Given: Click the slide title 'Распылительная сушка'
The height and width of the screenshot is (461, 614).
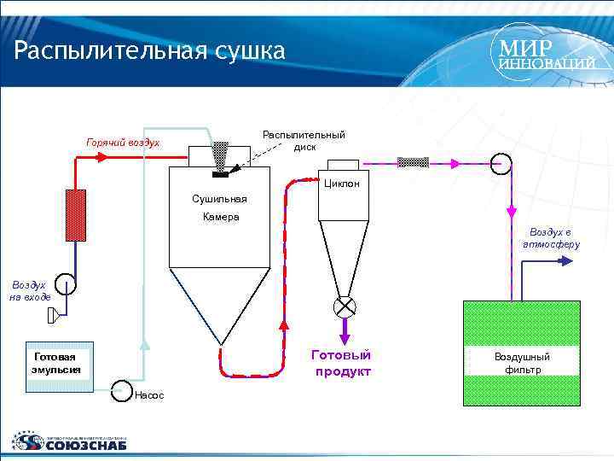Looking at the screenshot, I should [149, 51].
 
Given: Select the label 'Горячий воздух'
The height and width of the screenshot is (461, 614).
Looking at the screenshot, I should [123, 142].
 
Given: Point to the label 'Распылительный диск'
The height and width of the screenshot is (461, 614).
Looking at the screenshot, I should [304, 141].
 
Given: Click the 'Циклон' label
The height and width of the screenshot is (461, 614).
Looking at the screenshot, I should [342, 184].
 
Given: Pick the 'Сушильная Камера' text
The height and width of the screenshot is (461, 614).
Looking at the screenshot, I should [220, 208].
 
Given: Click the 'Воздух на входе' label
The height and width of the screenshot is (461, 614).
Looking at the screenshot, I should [30, 290].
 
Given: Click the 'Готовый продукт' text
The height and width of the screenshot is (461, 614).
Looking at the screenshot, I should [343, 363].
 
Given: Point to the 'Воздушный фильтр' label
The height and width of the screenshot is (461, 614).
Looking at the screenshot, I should [522, 363].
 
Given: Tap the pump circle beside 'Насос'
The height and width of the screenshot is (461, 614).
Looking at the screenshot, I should [120, 389].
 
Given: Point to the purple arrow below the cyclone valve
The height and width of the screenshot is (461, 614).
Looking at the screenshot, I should [345, 329].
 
